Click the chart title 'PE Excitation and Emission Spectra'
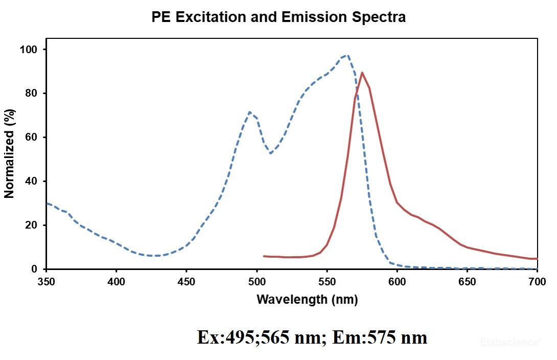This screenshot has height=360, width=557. [x=278, y=17]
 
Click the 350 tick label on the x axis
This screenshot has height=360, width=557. [x=47, y=281]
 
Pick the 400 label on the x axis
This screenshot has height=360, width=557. [x=117, y=281]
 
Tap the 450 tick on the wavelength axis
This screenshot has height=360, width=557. [x=187, y=281]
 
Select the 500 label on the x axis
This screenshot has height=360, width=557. [x=257, y=281]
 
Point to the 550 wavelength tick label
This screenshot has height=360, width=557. [x=327, y=281]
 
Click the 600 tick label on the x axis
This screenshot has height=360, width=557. [x=397, y=281]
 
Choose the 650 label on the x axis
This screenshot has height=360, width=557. [x=467, y=281]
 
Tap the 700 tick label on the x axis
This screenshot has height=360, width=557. [x=537, y=281]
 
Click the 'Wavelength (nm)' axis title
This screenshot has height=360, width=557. [x=307, y=299]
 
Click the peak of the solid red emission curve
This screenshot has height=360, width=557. [x=362, y=73]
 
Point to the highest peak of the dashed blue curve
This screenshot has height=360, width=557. [x=347, y=55]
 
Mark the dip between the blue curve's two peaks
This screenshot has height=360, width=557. [x=270, y=153]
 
